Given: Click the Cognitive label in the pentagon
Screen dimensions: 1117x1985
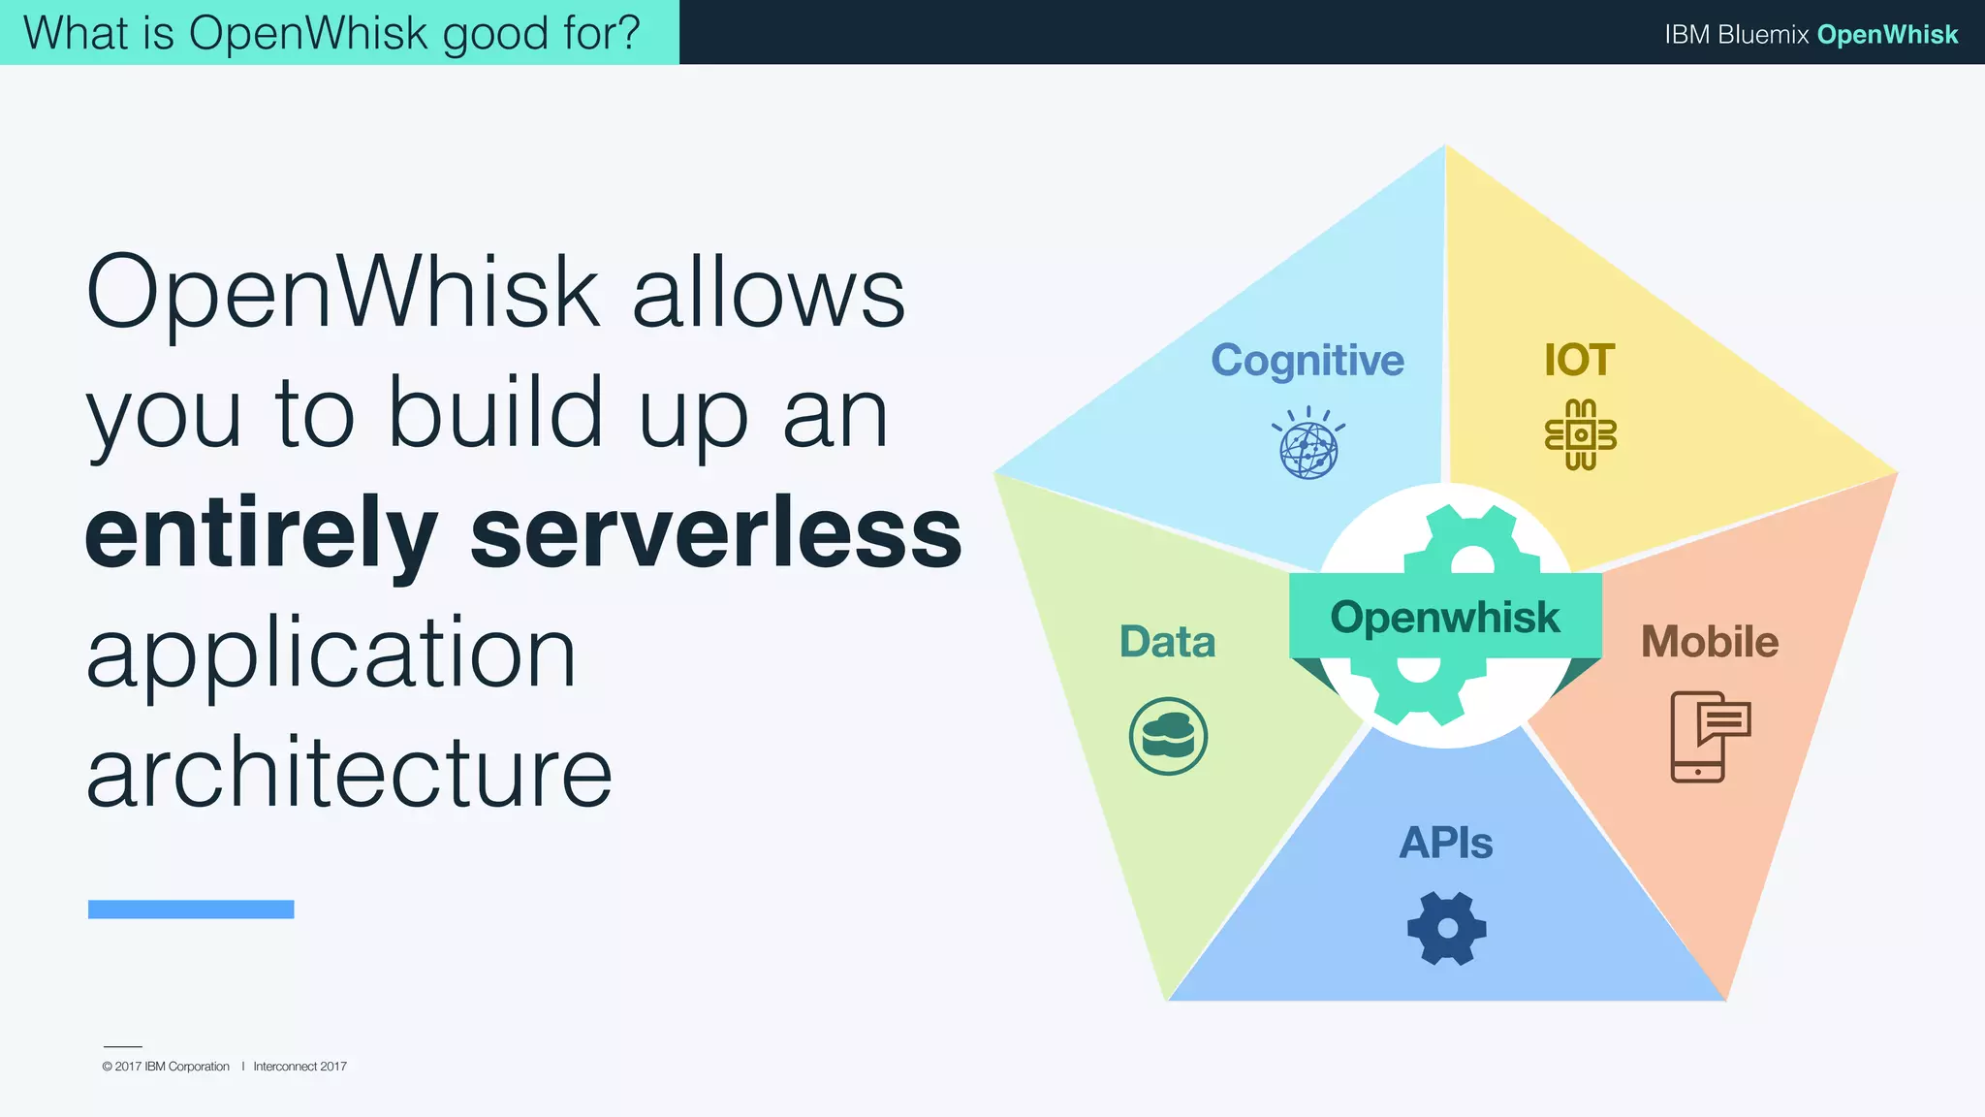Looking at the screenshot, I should [x=1307, y=361].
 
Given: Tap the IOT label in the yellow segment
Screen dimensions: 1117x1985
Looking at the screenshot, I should [x=1579, y=361].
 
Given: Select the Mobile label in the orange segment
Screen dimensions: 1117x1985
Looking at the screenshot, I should [x=1709, y=642].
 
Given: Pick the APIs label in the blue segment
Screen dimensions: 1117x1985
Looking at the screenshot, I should [x=1445, y=843].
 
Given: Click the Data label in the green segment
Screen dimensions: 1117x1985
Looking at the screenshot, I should [x=1167, y=642].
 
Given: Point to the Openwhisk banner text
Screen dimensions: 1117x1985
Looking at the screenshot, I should [x=1444, y=618].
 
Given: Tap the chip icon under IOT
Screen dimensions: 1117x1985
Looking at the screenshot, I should [x=1580, y=435].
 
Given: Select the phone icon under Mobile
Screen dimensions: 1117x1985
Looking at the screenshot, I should [x=1709, y=736].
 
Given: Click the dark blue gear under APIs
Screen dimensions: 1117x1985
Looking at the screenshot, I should [x=1446, y=928].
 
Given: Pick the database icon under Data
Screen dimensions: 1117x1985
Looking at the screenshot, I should [x=1168, y=736].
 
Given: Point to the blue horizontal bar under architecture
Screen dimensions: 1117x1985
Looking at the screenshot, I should [x=191, y=909].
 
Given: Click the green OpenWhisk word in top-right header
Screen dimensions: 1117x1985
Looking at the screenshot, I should [x=1887, y=34].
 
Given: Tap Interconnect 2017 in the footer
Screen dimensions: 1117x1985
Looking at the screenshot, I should [x=299, y=1067].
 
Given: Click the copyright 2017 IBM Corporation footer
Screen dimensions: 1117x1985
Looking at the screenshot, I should [x=166, y=1067].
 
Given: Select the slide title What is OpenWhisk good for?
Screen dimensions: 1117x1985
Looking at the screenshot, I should [x=331, y=33].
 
